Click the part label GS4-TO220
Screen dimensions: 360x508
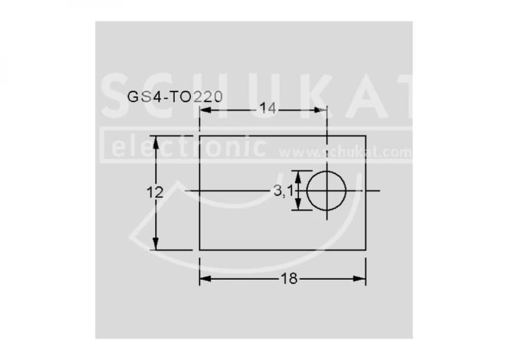tap(175, 97)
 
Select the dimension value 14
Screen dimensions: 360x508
tap(268, 109)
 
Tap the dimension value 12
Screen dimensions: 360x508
tap(155, 192)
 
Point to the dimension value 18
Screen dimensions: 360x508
tap(289, 279)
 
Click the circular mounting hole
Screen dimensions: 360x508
tap(326, 190)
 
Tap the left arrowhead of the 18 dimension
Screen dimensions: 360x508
tap(204, 279)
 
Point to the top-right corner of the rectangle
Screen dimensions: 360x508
tap(366, 136)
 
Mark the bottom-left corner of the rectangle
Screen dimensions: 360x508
tap(200, 249)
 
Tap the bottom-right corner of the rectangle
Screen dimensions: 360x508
tap(366, 249)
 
